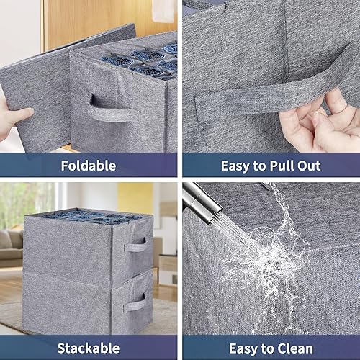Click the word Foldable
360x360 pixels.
pyautogui.click(x=89, y=166)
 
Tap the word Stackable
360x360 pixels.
pyautogui.click(x=89, y=348)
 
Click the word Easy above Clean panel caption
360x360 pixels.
pyautogui.click(x=246, y=348)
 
